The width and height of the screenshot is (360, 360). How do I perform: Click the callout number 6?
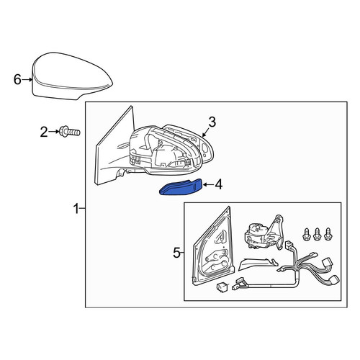[x=17, y=79]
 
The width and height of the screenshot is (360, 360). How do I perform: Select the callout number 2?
[x=44, y=132]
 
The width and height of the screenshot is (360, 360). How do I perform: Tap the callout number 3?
[x=212, y=122]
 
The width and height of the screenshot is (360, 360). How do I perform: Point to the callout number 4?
[x=219, y=185]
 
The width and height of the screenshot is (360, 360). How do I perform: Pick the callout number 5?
[x=176, y=253]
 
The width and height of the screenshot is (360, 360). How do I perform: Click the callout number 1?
[x=76, y=209]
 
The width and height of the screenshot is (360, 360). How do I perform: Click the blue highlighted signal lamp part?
[x=181, y=187]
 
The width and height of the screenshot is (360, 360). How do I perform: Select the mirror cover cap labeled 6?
[x=72, y=76]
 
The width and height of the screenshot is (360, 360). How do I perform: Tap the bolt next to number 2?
[x=70, y=132]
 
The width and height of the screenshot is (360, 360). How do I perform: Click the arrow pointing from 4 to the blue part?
[x=208, y=185]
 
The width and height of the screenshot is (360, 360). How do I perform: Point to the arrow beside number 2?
[x=54, y=132]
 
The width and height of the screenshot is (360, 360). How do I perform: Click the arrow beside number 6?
[x=27, y=79]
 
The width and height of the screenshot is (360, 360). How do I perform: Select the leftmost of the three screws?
[x=307, y=234]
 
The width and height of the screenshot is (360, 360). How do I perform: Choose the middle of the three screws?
[x=317, y=234]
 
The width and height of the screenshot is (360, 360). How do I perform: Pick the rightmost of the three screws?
[x=328, y=234]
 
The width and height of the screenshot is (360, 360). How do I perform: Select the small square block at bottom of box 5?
[x=221, y=287]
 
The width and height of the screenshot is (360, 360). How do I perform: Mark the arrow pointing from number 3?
[x=206, y=132]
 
